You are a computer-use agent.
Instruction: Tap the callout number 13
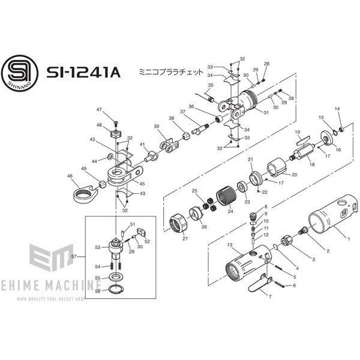pos(229,245)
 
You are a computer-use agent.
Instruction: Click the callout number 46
pos(70,176)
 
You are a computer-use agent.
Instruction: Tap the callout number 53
pos(97,247)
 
